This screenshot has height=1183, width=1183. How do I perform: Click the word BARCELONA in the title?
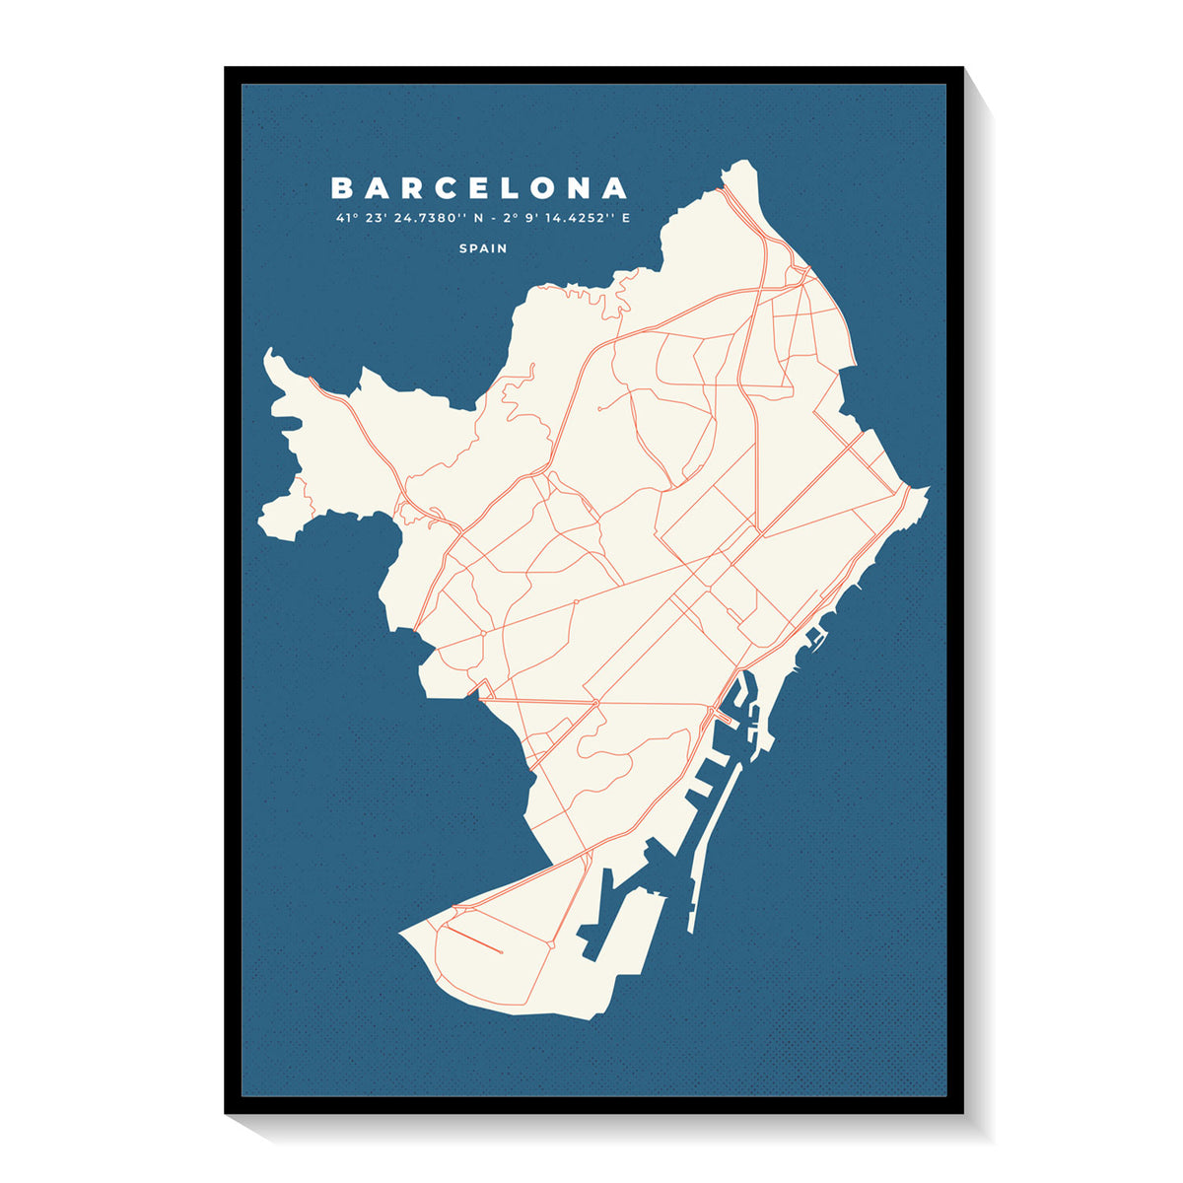coord(479,187)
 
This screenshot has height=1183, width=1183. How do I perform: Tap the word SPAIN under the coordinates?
coord(483,248)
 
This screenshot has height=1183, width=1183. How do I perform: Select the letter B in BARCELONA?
coord(341,187)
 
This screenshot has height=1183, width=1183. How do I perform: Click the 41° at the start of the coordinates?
coord(344,218)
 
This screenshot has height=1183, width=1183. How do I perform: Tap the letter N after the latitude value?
coord(480,218)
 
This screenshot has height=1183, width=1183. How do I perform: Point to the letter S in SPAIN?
coord(463,248)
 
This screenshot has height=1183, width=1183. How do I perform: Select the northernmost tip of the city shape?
coord(747,163)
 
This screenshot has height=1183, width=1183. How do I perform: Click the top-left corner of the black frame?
coord(227,69)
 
